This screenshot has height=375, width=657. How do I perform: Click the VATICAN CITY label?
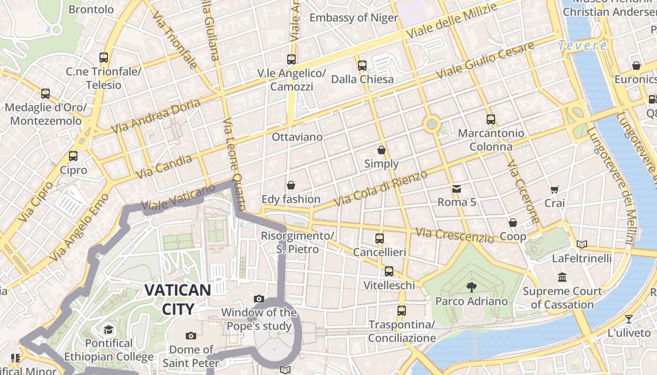point(177,299)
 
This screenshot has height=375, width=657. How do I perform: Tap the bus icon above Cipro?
point(73,156)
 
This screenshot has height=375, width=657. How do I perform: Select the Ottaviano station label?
point(298,137)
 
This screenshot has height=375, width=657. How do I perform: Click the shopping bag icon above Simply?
point(382,150)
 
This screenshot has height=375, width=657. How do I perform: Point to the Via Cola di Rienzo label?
point(381,188)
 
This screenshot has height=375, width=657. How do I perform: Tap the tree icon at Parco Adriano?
point(471,287)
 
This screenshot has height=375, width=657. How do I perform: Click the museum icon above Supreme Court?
point(562,277)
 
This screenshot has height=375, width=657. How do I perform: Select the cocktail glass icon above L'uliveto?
point(629,319)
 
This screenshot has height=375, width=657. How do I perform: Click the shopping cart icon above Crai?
point(555,189)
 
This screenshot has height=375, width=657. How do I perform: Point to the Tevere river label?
point(583,45)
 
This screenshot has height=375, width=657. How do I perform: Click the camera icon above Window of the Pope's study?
point(259,299)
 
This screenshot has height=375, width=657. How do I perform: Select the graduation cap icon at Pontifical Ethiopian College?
point(109,330)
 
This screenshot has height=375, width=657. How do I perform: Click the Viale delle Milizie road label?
point(451,22)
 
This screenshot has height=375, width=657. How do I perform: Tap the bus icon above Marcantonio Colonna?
point(491,119)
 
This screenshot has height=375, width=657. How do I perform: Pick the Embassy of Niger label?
point(353,18)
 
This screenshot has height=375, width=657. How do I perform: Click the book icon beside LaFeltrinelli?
point(582,244)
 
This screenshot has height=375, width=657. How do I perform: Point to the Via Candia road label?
point(164,167)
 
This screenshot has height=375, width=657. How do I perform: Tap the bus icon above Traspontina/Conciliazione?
point(401,310)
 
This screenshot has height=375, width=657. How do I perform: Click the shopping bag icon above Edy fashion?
point(291,185)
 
